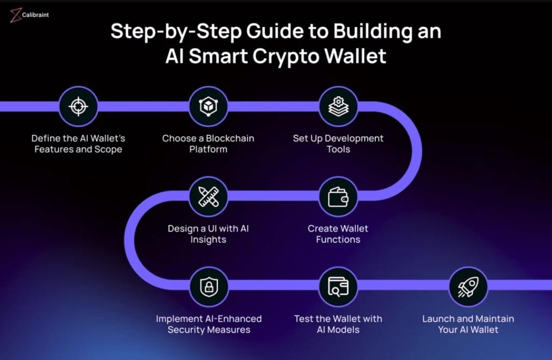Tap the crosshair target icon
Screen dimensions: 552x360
click(x=78, y=106)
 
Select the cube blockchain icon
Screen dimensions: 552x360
click(x=208, y=106)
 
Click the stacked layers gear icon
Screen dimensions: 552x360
click(x=338, y=106)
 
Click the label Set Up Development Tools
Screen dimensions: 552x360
click(x=338, y=144)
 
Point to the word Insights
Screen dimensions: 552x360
click(x=208, y=239)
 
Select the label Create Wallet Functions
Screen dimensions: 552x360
click(x=338, y=234)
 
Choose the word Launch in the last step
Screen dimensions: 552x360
click(x=438, y=319)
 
